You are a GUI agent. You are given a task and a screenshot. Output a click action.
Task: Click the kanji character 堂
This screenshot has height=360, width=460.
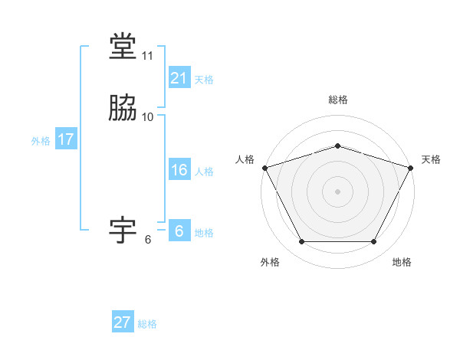123,46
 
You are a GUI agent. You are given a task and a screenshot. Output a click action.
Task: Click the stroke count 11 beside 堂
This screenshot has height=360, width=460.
148,56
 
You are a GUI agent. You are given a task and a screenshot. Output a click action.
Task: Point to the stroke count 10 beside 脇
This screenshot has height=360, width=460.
148,117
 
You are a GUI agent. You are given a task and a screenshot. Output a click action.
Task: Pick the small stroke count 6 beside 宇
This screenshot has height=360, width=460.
148,240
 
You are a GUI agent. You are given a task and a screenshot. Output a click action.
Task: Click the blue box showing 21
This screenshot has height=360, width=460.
179,78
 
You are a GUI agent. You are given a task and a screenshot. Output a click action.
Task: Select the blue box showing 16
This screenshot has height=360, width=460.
179,170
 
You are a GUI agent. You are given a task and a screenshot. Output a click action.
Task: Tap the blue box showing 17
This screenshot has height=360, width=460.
65,139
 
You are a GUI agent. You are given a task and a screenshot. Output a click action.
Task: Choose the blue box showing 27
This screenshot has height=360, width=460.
123,322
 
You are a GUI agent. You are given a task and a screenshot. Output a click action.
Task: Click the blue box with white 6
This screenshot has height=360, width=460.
179,231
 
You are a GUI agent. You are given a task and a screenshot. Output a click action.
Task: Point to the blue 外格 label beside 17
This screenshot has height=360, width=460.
41,141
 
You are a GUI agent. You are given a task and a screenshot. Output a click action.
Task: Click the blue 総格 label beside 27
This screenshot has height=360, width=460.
147,324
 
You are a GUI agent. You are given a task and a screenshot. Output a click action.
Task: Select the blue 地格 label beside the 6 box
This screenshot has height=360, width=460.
204,233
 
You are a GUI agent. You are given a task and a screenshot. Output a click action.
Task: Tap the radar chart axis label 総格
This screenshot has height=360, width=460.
337,100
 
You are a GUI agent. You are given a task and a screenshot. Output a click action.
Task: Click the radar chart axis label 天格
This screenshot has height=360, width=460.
431,159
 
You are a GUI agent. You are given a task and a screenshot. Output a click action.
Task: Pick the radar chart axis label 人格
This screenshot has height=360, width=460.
245,159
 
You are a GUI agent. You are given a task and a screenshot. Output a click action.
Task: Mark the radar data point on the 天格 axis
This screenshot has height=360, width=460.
412,168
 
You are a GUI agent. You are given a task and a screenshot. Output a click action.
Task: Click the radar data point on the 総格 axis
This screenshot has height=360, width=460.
337,146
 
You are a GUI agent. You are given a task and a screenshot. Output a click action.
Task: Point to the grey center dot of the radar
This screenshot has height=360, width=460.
337,191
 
